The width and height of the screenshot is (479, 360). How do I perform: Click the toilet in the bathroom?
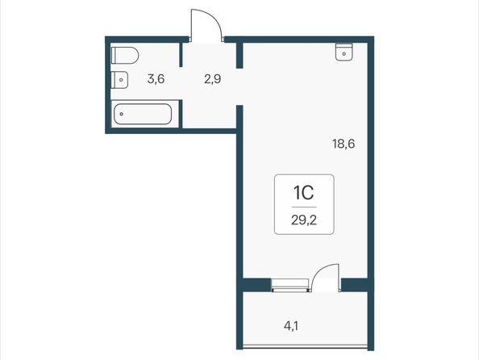point(125,56)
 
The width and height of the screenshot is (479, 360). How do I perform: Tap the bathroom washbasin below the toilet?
point(119,80)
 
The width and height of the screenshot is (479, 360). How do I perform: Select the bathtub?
point(143,114)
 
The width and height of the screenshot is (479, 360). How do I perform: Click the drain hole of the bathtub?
point(122,114)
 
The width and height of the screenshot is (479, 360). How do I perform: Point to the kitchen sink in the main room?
point(344,52)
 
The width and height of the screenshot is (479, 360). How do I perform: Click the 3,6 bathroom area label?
point(156,79)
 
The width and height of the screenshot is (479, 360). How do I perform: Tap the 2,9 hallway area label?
point(213,79)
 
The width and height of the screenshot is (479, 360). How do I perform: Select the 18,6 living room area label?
point(344,144)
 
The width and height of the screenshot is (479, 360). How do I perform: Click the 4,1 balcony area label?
point(291,326)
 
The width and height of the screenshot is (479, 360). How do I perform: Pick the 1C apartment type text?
point(304,193)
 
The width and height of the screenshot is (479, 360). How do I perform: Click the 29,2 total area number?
point(304,220)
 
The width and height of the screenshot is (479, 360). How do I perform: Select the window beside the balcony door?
point(289,286)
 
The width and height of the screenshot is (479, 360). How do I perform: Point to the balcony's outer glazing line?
point(305,346)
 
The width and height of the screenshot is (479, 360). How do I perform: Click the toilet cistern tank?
point(114,56)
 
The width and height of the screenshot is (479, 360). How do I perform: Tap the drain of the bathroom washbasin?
point(122,80)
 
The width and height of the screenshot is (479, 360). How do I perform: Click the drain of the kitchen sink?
point(344,54)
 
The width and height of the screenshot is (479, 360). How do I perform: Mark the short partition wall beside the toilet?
point(181,54)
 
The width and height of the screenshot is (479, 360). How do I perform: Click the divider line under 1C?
point(304,207)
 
